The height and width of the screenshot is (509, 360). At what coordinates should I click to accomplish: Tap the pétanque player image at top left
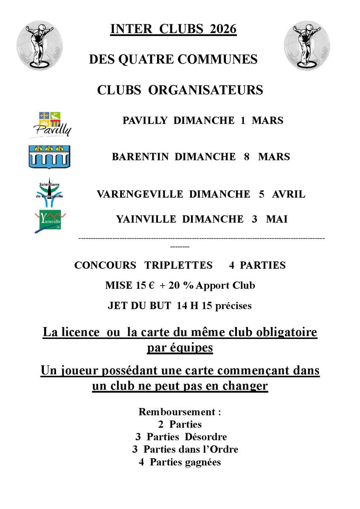coord(39,45)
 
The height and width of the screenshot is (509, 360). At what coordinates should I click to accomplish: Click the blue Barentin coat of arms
coord(49,157)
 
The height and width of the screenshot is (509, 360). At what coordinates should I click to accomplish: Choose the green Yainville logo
coord(50,221)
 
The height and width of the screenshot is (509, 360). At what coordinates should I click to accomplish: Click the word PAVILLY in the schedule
coord(145,120)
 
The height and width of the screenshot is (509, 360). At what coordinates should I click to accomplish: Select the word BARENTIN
coord(141,157)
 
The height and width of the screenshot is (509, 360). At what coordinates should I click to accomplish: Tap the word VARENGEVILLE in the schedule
coord(140,194)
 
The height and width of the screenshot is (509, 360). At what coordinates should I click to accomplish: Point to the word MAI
coord(277,219)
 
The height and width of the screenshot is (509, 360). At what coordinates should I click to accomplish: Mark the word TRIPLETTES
coord(178,265)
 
